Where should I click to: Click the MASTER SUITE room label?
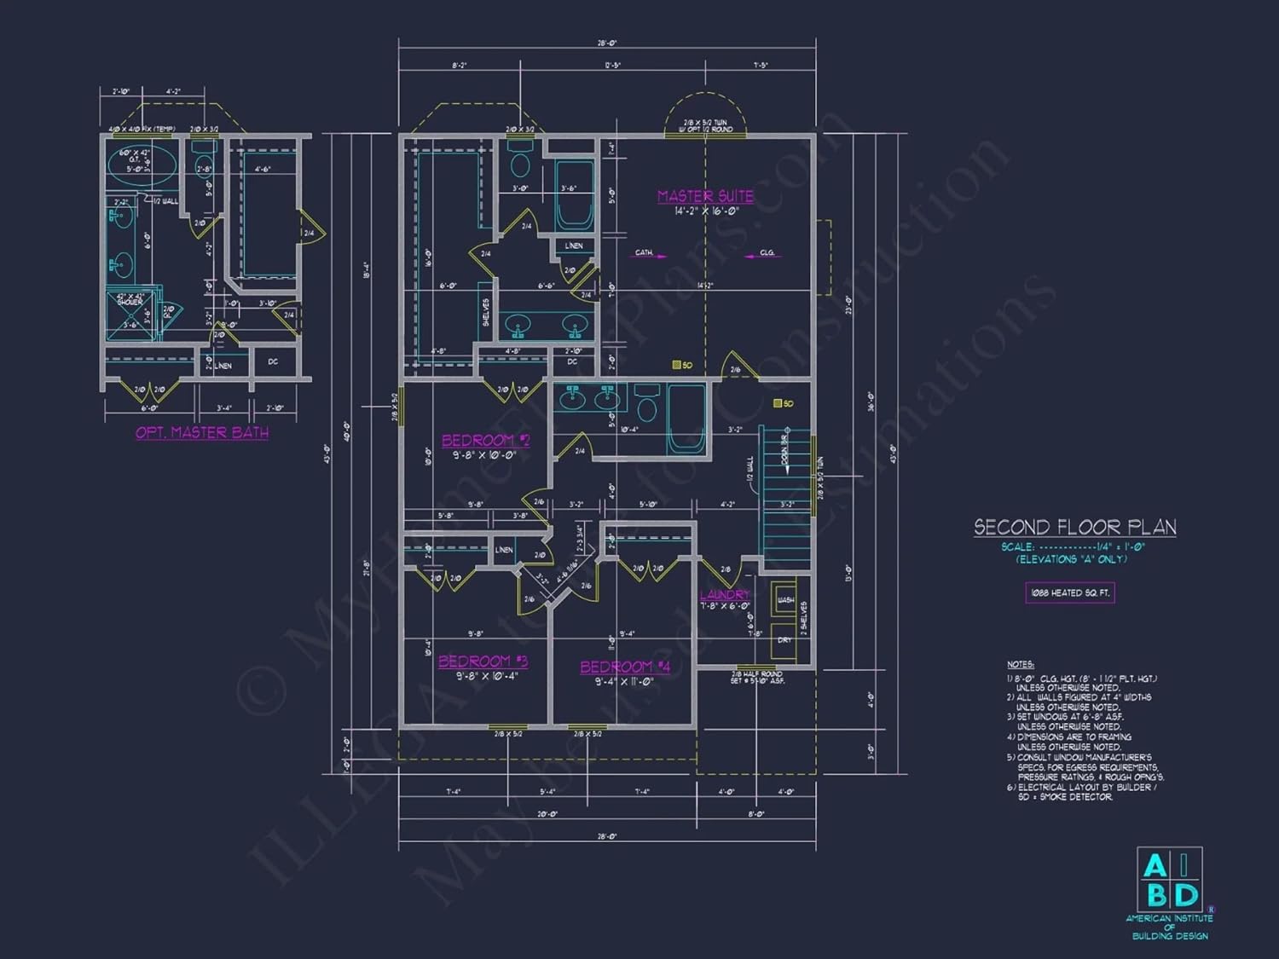pos(705,196)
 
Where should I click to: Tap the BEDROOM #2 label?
pos(485,441)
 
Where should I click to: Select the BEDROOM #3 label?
pos(483,661)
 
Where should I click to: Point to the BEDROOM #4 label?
pos(625,667)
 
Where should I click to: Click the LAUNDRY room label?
pos(725,595)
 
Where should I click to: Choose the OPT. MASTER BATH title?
pos(202,433)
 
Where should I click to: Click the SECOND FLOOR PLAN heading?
pos(1075,528)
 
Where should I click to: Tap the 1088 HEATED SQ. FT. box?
pos(1069,592)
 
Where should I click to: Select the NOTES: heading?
pos(1020,665)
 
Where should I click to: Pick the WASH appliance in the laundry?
pos(785,600)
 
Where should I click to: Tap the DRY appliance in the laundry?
pos(785,640)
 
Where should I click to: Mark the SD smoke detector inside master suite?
pos(677,365)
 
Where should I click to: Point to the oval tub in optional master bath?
pos(142,164)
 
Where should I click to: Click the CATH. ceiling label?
pos(644,253)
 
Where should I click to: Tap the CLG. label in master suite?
pos(767,253)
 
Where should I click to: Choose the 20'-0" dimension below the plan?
pos(547,814)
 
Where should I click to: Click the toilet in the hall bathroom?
pos(647,407)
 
